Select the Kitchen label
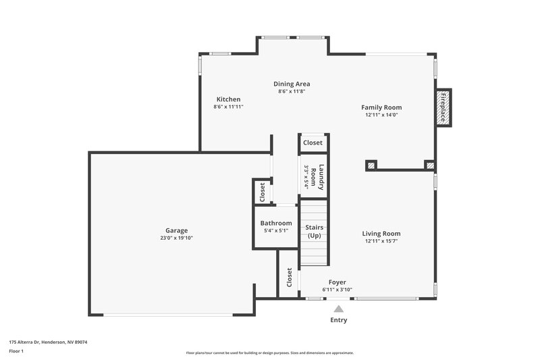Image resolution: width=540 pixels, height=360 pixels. [228, 99]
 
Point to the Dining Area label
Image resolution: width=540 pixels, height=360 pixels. [292, 84]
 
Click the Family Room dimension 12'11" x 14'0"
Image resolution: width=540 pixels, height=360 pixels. [382, 115]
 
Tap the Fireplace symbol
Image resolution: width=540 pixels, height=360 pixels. [443, 108]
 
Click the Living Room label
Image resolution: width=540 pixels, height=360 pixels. [382, 234]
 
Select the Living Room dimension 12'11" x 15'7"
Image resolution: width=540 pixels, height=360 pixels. [382, 241]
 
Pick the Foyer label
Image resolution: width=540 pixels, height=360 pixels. [337, 282]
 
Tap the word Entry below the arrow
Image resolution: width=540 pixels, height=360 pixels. [339, 320]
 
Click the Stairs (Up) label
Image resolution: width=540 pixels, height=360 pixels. [315, 231]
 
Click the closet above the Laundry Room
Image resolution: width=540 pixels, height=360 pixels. [313, 143]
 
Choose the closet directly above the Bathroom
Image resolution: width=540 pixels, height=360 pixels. [262, 192]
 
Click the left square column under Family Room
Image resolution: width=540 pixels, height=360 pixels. [371, 164]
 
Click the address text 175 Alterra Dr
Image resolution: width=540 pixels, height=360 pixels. [48, 342]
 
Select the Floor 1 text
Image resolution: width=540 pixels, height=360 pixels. [17, 352]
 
